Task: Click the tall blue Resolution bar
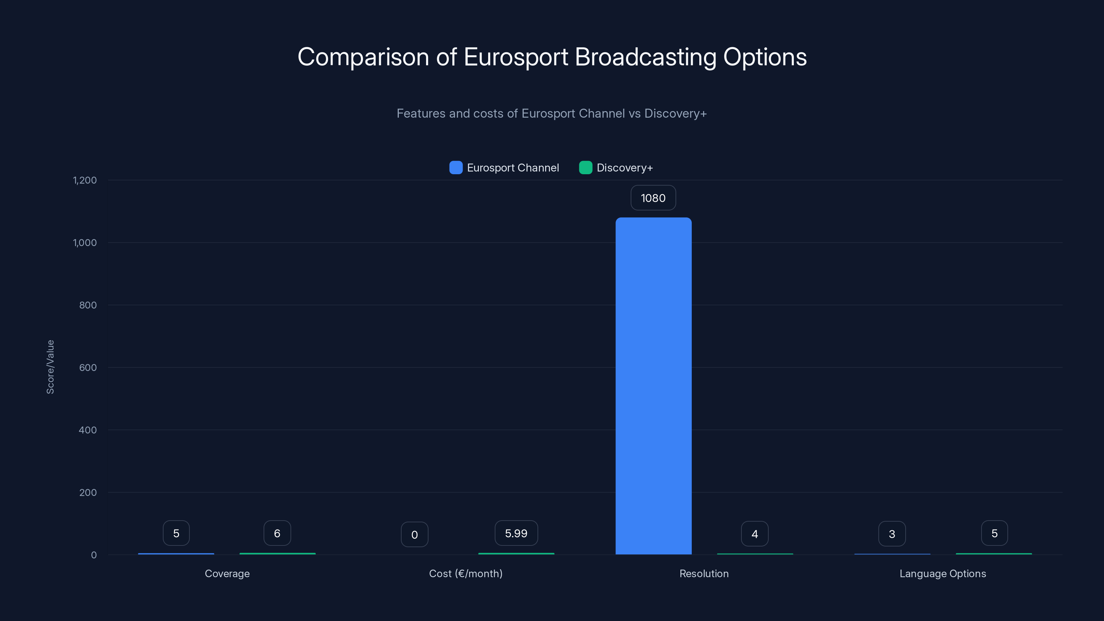pos(653,386)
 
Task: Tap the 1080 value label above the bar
pos(653,198)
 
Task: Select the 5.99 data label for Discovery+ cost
pos(516,533)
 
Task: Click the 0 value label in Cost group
pos(414,534)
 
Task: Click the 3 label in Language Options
pos(892,534)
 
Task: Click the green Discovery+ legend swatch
pos(585,168)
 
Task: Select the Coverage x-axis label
pos(227,573)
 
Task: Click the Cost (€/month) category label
pos(466,573)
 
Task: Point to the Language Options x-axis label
pos(943,573)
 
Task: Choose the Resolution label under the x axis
pos(704,573)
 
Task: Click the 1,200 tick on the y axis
pos(85,180)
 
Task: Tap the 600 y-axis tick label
pos(88,367)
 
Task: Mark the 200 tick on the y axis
pos(88,492)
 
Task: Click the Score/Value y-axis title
pos(50,367)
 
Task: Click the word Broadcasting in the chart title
pos(645,57)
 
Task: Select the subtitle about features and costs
pos(552,114)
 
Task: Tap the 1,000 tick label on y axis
pos(85,243)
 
